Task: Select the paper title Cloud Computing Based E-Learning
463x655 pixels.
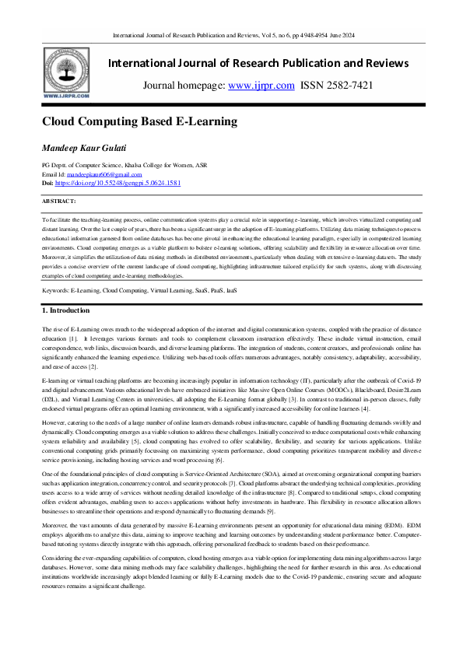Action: click(139, 121)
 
